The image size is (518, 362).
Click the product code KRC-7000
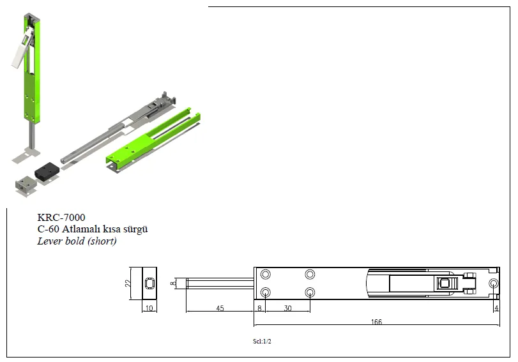pos(61,217)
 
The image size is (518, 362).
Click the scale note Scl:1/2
pos(262,342)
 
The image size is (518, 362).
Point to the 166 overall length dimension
pos(376,322)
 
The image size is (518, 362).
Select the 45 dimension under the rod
pos(220,308)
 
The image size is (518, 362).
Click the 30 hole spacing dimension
pos(287,308)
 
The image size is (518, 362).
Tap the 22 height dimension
pos(128,283)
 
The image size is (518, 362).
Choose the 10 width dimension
pos(149,308)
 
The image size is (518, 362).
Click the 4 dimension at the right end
pos(496,308)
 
